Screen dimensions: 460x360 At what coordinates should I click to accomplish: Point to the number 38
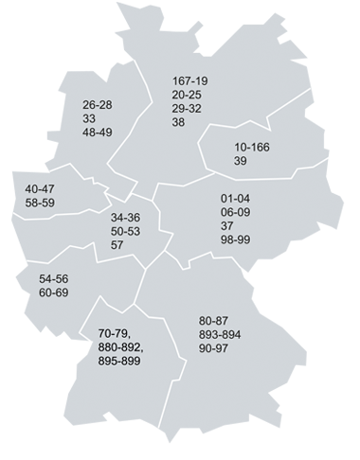[x=180, y=123]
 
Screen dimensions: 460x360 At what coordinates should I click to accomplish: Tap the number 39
[x=241, y=163]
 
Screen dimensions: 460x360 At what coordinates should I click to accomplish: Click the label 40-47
[x=41, y=187]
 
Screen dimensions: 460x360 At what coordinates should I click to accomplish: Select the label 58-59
[x=41, y=202]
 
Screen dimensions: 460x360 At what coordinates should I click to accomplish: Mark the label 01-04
[x=233, y=200]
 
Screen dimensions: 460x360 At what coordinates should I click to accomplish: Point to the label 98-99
[x=233, y=241]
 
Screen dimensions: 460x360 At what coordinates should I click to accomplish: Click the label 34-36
[x=126, y=217]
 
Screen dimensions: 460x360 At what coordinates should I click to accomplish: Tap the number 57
[x=117, y=245]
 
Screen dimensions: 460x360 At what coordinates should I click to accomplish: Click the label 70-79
[x=115, y=334]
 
